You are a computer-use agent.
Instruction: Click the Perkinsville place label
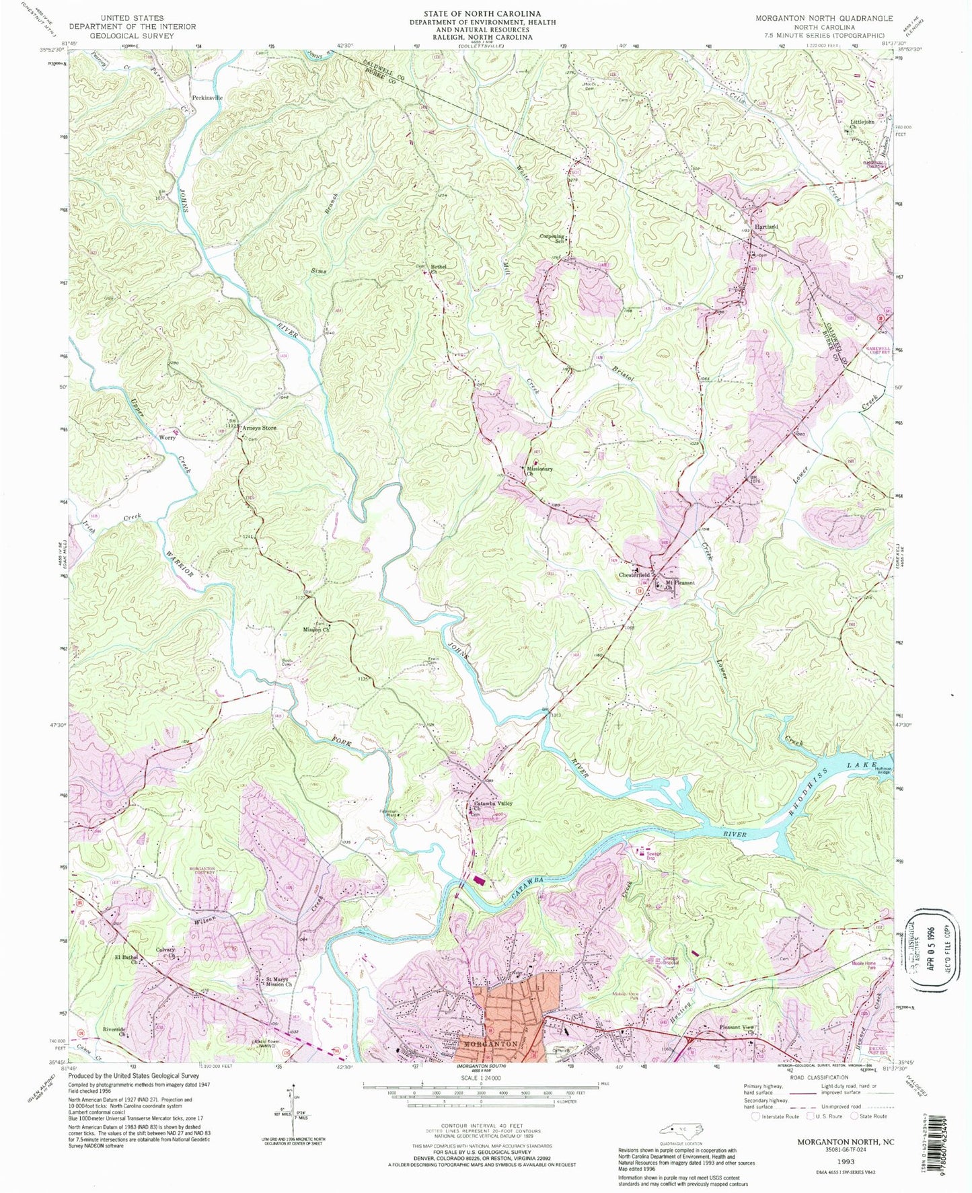tap(207, 98)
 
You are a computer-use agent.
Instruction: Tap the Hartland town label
tap(766, 227)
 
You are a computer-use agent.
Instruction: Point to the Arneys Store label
tap(259, 428)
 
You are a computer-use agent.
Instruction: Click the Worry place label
tap(167, 437)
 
